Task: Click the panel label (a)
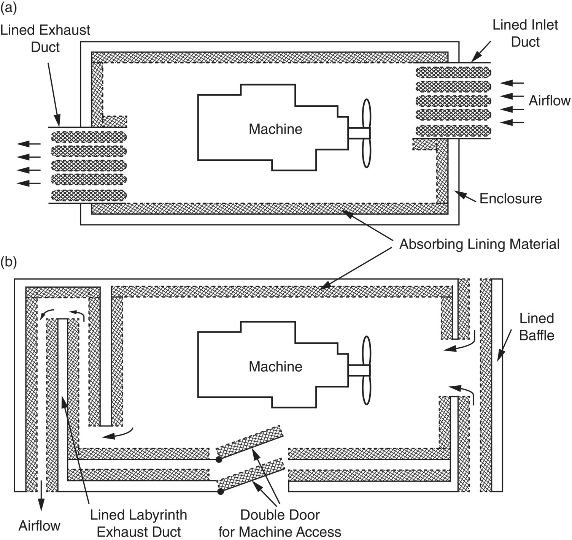[x=9, y=8]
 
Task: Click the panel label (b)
[x=9, y=262]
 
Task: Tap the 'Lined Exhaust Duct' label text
[x=45, y=38]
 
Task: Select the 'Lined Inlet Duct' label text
[x=525, y=33]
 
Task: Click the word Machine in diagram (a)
[x=275, y=129]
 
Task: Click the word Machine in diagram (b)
[x=275, y=367]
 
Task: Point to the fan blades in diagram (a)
[x=366, y=133]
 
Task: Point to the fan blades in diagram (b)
[x=366, y=371]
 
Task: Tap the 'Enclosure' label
[x=510, y=198]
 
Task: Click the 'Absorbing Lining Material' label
[x=479, y=244]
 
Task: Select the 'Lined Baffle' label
[x=537, y=327]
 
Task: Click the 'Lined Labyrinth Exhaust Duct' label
[x=139, y=523]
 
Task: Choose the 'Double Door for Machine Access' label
[x=280, y=523]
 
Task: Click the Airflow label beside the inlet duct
[x=550, y=101]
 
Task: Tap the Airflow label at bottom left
[x=40, y=526]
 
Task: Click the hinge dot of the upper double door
[x=219, y=460]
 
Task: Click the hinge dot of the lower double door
[x=220, y=491]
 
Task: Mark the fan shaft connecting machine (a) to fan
[x=359, y=133]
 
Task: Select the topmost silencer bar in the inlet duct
[x=453, y=73]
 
